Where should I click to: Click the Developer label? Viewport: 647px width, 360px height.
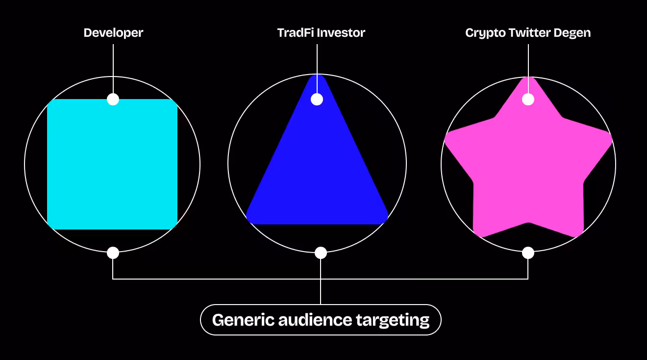point(113,33)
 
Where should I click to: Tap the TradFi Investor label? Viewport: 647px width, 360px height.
point(321,33)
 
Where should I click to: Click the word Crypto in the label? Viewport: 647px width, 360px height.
point(483,33)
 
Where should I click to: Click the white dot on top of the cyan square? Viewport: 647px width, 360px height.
point(113,100)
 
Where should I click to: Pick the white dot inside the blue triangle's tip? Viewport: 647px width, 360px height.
point(317,100)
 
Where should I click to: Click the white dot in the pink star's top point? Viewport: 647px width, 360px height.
point(528,100)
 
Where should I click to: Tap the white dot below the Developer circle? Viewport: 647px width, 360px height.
point(113,253)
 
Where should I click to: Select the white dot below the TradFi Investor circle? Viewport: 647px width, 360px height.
point(321,253)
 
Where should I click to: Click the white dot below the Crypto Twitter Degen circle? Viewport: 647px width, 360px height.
point(528,253)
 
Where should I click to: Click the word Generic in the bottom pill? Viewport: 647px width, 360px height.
point(243,320)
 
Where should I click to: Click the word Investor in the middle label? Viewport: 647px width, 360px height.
point(341,33)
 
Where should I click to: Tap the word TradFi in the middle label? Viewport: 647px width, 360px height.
point(296,33)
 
